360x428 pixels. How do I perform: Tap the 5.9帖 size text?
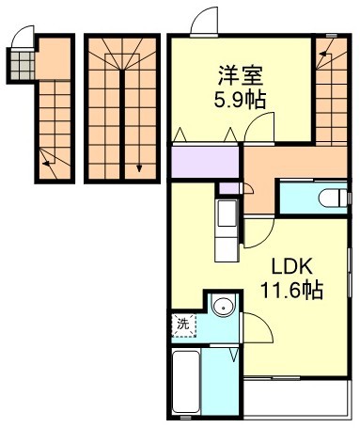[241, 99]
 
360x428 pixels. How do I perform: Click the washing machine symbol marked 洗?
[184, 325]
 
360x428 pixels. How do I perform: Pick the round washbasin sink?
[222, 306]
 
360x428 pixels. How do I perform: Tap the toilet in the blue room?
[328, 199]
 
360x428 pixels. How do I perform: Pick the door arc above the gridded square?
[27, 34]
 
